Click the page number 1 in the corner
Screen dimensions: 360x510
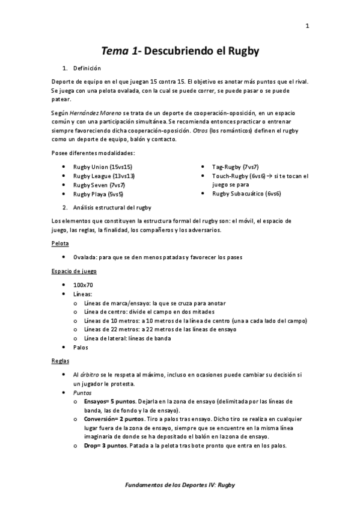pyautogui.click(x=307, y=25)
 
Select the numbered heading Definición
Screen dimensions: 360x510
pyautogui.click(x=87, y=69)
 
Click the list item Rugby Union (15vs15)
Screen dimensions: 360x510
pyautogui.click(x=103, y=167)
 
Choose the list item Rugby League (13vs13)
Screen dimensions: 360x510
pyautogui.click(x=104, y=176)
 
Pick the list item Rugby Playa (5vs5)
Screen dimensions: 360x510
pyautogui.click(x=99, y=194)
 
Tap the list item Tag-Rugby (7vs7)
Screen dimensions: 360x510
pyautogui.click(x=236, y=167)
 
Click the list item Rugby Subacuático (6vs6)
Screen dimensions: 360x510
pyautogui.click(x=246, y=194)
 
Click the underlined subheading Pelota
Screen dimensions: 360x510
pyautogui.click(x=60, y=244)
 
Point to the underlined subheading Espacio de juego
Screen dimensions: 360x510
pyautogui.click(x=74, y=271)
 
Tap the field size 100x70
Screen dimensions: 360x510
pyautogui.click(x=83, y=284)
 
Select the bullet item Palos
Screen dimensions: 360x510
pyautogui.click(x=81, y=347)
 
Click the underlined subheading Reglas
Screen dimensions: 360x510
pyautogui.click(x=60, y=361)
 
